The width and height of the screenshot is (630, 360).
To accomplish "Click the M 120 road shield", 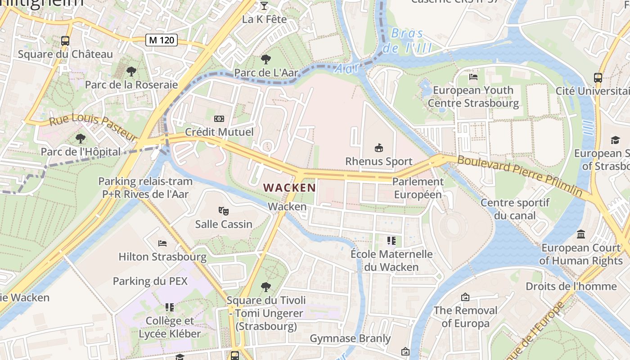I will [x=162, y=40].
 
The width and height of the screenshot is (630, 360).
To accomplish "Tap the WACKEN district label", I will [x=289, y=187].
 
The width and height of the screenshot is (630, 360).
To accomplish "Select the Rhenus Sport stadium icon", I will [x=379, y=148].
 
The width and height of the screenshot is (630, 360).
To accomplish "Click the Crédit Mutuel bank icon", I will [x=219, y=119].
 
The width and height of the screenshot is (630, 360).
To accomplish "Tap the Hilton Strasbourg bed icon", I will [x=162, y=243].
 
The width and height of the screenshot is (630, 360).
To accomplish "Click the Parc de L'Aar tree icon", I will [x=265, y=59].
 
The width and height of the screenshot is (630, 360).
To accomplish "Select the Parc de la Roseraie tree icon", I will [x=131, y=71].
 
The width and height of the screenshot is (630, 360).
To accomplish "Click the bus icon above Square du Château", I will [x=65, y=40].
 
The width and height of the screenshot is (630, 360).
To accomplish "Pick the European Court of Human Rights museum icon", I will [x=581, y=234].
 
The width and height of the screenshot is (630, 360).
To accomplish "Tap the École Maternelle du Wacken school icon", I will [x=391, y=241].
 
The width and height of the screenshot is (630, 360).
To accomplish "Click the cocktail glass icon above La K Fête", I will [x=264, y=6].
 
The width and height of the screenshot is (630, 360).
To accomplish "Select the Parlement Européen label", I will [x=418, y=188].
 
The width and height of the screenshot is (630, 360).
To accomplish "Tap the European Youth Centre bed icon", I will [x=473, y=76].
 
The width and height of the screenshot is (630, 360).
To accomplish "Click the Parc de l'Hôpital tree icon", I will [x=81, y=138].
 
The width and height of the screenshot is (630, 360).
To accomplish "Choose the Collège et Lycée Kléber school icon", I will [x=169, y=307].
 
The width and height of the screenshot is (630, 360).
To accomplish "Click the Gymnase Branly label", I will [x=351, y=338].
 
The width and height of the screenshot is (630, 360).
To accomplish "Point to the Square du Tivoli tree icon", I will [x=266, y=287].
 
